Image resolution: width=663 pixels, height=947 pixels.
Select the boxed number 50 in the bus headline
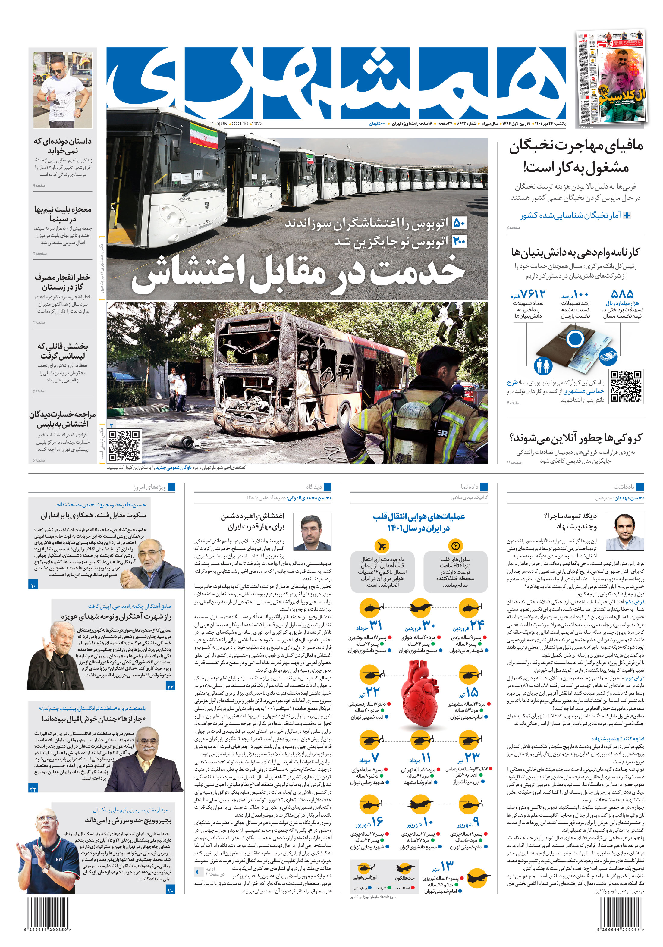(459, 224)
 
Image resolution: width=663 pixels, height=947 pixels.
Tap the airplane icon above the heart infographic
(382, 546)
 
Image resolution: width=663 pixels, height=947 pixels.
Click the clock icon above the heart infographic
(455, 546)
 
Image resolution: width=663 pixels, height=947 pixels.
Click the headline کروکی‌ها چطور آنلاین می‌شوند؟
(576, 438)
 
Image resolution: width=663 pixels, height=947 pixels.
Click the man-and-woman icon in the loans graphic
(543, 365)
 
